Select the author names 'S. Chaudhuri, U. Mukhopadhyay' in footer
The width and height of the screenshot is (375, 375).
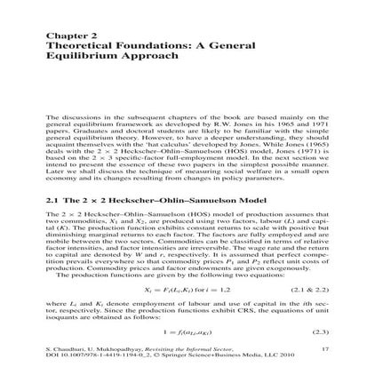pyautogui.click(x=80, y=351)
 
